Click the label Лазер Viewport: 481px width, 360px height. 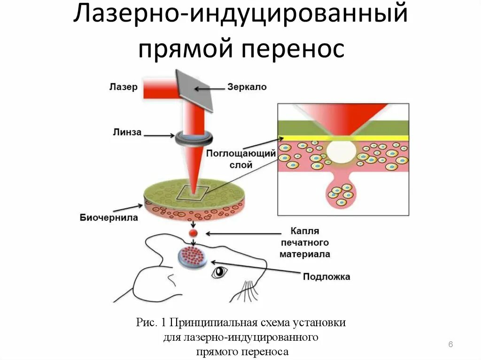(123, 87)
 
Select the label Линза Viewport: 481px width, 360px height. (126, 132)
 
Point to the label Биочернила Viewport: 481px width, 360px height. (109, 217)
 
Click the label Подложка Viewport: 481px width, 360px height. (326, 276)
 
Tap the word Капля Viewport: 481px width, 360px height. (305, 231)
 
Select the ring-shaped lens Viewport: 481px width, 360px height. (194, 138)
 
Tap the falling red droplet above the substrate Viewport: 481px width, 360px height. (193, 233)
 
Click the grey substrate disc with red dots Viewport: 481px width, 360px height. (193, 257)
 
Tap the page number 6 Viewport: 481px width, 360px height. (450, 345)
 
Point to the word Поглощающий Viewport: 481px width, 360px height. (241, 154)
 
